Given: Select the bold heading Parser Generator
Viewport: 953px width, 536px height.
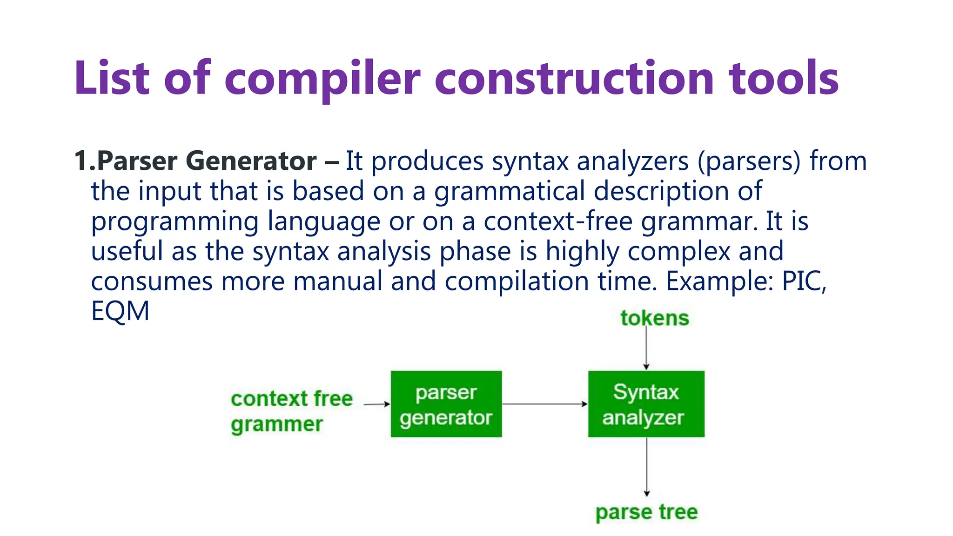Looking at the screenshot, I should click(207, 161).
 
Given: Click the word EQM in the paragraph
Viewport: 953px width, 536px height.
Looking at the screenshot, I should click(120, 311).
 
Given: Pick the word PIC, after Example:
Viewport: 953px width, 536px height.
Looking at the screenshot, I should click(804, 281).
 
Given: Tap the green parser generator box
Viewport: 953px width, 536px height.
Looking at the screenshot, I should click(446, 404).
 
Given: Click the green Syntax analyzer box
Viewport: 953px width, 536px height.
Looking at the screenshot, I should click(646, 404).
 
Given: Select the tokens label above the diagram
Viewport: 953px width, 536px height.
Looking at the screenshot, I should click(654, 318).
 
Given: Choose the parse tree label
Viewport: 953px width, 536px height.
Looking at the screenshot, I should click(646, 512).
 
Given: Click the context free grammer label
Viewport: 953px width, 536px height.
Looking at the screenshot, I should click(292, 411).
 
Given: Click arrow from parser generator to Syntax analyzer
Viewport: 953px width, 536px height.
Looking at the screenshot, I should click(544, 404).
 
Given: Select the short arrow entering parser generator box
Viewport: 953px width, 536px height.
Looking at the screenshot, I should click(376, 404).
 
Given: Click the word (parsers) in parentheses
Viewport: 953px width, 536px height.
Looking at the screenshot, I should click(749, 161).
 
